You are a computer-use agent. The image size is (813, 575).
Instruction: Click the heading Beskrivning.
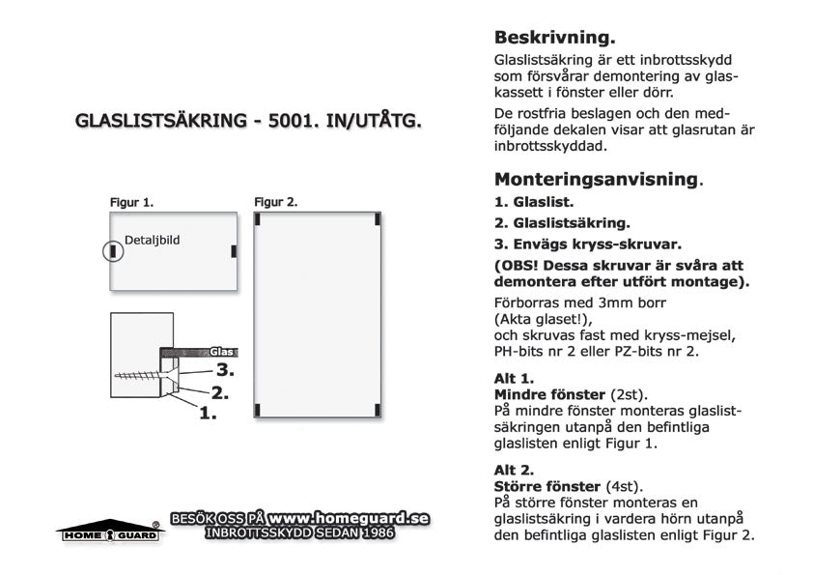554,39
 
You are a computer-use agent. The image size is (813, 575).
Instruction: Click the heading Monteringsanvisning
597,179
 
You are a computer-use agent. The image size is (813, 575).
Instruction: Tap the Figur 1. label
131,203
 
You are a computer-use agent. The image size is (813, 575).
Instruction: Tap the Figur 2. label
275,203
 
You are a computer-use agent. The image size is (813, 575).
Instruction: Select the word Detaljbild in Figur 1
153,238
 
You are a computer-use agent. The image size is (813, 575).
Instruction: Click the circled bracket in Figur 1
114,251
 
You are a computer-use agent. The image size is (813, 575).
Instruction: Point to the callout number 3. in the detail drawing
226,369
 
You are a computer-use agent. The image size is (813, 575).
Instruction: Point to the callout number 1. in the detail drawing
208,414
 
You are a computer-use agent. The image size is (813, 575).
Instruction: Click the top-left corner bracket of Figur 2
258,218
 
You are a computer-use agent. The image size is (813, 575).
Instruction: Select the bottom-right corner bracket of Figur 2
376,411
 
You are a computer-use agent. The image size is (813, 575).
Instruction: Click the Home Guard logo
107,531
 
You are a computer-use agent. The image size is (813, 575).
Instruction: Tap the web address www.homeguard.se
349,518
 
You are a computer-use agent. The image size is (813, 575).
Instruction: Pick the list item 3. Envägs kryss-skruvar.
588,244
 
